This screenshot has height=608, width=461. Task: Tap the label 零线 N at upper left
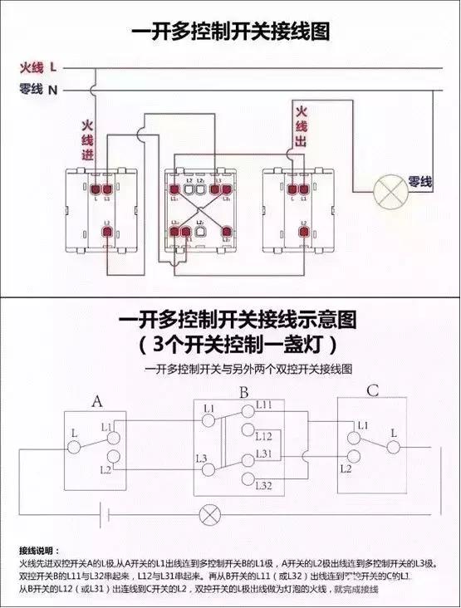(x=37, y=89)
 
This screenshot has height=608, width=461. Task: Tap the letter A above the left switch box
(x=96, y=402)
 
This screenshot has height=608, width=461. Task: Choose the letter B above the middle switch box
(x=244, y=391)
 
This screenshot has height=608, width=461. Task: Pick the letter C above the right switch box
(x=373, y=390)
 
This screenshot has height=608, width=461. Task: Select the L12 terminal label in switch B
(x=264, y=436)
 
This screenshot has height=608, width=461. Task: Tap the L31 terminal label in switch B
(x=264, y=454)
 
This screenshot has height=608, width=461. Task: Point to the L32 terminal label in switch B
(x=264, y=484)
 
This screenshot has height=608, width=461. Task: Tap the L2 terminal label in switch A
(x=105, y=470)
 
